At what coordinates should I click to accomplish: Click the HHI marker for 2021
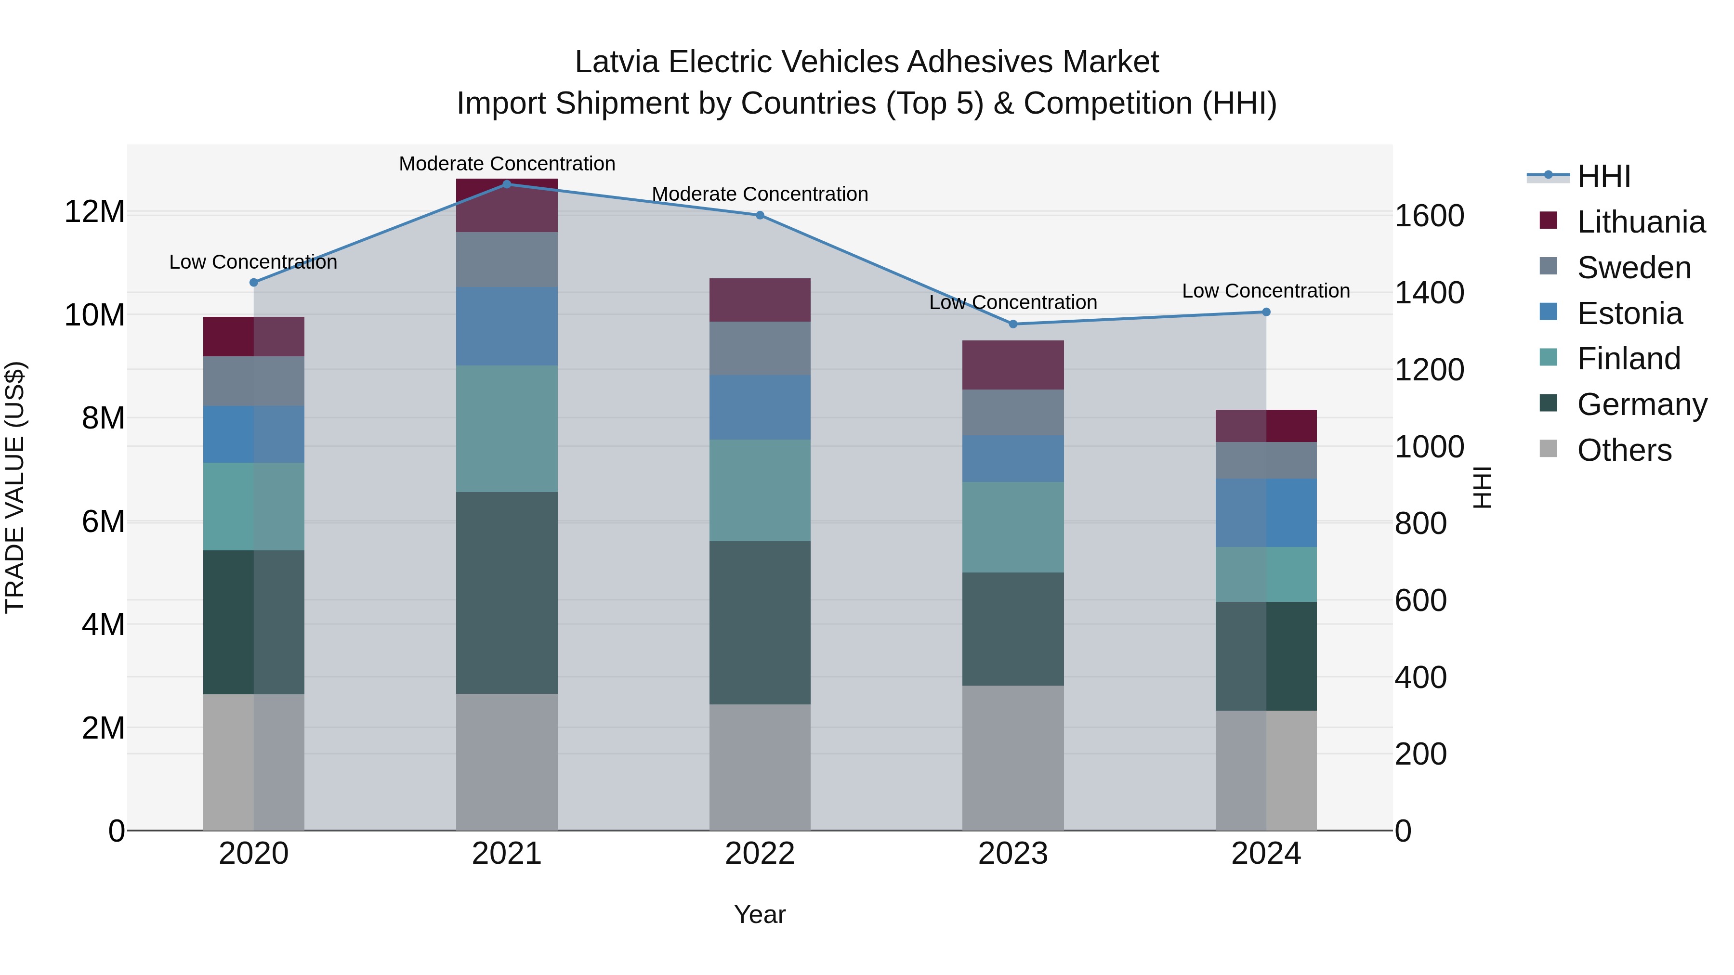tap(507, 184)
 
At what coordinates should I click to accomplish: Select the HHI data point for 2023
tap(1013, 324)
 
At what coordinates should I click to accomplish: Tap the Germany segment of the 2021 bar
tap(507, 592)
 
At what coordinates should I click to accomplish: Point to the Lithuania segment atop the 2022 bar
tap(760, 299)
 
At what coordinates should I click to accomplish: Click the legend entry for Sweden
tap(1634, 267)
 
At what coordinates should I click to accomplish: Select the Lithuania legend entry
tap(1641, 221)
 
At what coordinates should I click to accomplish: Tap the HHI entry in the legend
tap(1603, 176)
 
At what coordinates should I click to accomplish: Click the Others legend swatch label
tap(1624, 450)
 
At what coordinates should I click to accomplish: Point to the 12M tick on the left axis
tap(94, 211)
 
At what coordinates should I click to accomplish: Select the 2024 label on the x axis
tap(1265, 854)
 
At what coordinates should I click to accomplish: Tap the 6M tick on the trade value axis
tap(103, 521)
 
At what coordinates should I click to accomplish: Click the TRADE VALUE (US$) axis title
tap(15, 487)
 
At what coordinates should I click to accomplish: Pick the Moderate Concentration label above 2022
tap(760, 194)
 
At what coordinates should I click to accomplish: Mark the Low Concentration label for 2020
tap(253, 262)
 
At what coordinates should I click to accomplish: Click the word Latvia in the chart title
tap(617, 62)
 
